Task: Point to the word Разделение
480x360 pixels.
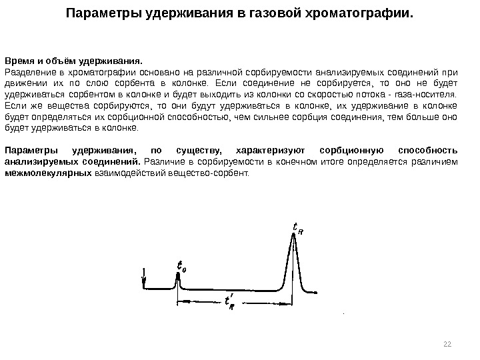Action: tap(29, 72)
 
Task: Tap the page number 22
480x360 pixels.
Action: tap(447, 343)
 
